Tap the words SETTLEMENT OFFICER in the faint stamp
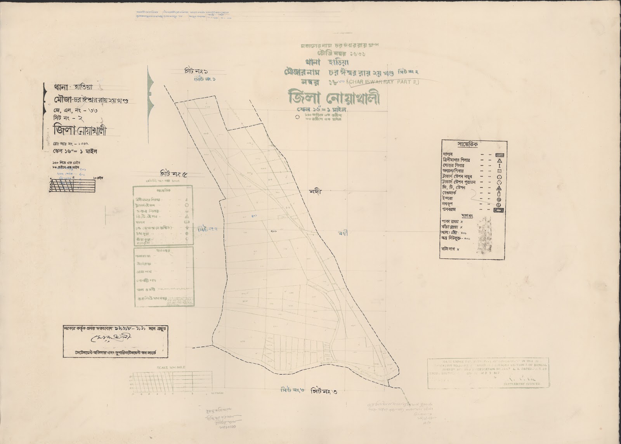point(524,384)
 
